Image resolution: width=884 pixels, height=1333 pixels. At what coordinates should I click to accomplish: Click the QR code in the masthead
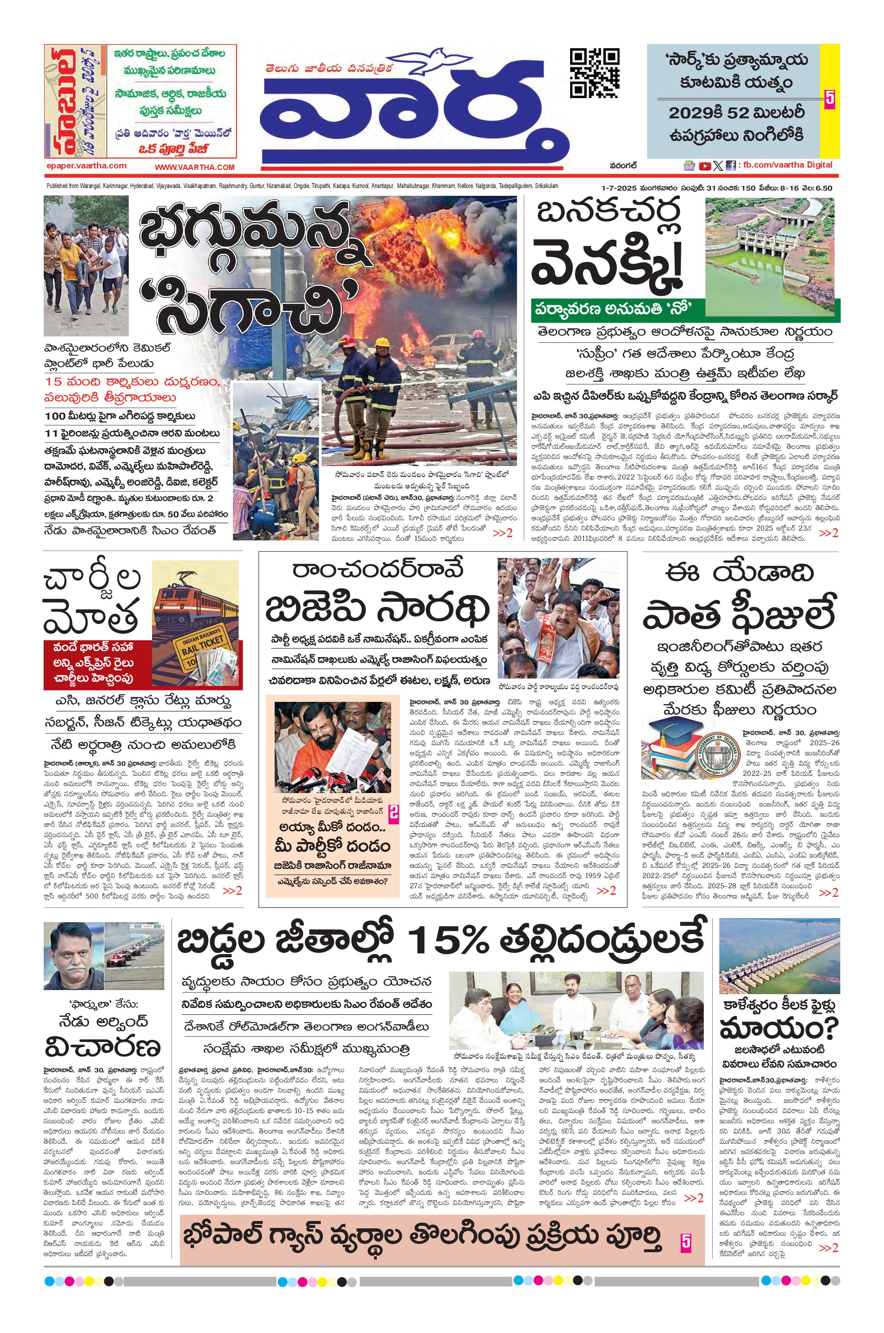594,73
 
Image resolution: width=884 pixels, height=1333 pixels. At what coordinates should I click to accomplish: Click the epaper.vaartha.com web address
87,166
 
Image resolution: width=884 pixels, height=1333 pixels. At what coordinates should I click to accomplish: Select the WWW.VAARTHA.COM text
195,167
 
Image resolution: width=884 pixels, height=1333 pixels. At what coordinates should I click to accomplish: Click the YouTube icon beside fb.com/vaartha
704,166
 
